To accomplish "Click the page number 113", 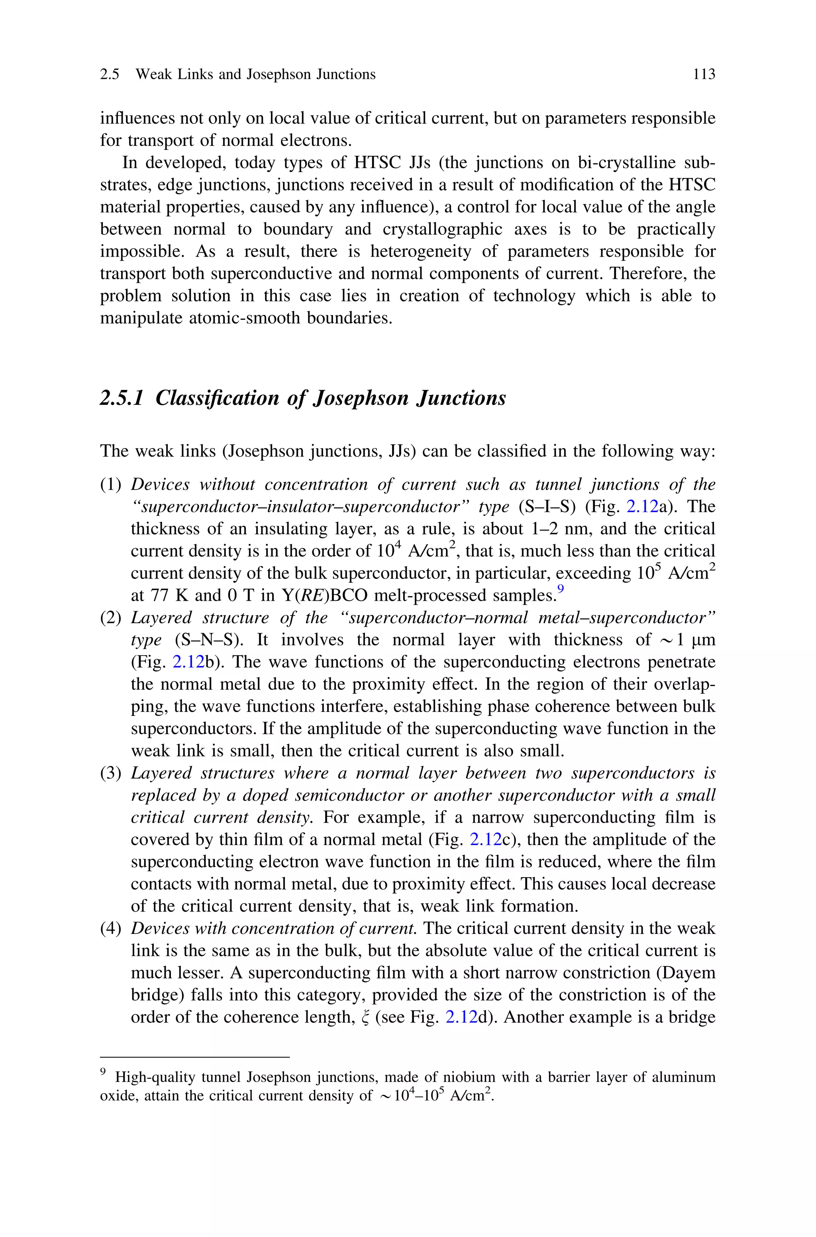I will coord(704,74).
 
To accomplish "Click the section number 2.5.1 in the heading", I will coord(121,398).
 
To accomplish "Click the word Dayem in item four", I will coord(688,973).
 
